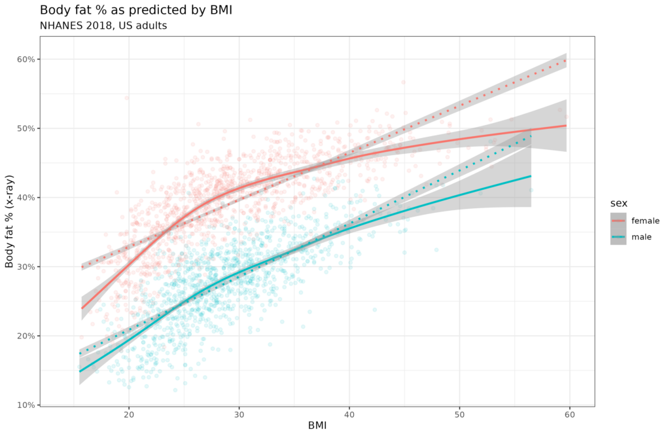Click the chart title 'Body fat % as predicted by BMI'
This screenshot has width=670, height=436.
135,10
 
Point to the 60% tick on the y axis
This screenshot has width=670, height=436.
26,59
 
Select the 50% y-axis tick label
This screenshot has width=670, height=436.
26,128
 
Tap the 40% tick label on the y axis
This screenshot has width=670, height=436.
26,197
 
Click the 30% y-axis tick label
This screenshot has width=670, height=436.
26,266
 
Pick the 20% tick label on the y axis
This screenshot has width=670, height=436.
26,336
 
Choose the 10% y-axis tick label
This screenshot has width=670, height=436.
26,405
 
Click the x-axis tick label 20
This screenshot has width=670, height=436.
129,414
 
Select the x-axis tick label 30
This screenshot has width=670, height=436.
239,414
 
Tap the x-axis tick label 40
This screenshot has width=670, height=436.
349,414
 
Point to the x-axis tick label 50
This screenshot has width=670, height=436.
459,414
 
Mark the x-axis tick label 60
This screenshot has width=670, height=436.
569,414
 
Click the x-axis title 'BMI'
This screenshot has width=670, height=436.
317,426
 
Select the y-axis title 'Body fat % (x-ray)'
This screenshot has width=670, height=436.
10,222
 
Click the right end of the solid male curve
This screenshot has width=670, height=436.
531,176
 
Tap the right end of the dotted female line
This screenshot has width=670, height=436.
565,60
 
